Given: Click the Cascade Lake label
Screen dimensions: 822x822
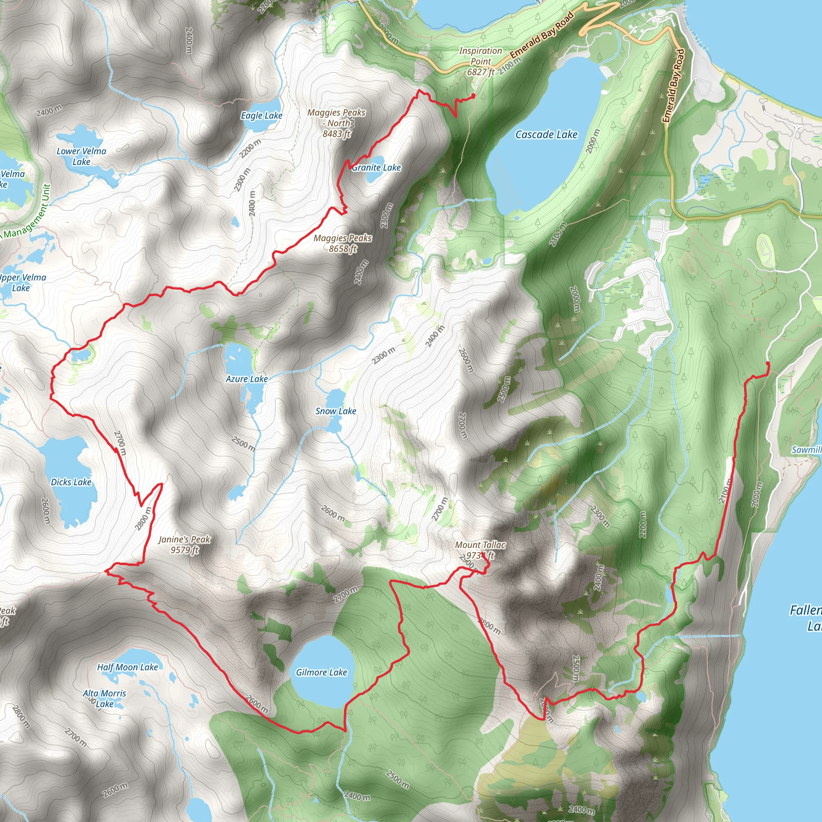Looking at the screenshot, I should click(546, 135).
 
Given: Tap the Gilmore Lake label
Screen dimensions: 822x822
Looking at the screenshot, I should click(321, 672).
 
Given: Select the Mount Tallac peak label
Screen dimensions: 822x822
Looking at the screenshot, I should click(480, 550).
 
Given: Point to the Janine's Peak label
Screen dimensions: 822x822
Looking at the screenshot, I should click(185, 545).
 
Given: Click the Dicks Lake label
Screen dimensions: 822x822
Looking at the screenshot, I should click(71, 482).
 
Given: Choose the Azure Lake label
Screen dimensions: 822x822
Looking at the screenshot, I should click(247, 379).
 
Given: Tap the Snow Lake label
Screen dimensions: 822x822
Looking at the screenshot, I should click(336, 411).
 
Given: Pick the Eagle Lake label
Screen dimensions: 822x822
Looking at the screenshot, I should click(262, 116).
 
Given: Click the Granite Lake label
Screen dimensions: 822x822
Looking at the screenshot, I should click(376, 168).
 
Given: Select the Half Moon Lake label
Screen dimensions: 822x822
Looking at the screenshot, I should click(127, 667).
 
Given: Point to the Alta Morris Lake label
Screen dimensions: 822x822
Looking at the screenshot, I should click(104, 699).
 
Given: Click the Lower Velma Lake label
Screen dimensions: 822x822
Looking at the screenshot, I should click(81, 156).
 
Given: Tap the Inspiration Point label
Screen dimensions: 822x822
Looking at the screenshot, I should click(481, 61).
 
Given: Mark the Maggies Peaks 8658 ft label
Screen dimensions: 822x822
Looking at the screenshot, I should click(343, 243).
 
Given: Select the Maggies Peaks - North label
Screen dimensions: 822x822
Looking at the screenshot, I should click(336, 123).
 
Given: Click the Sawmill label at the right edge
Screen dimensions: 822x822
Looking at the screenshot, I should click(806, 450).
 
